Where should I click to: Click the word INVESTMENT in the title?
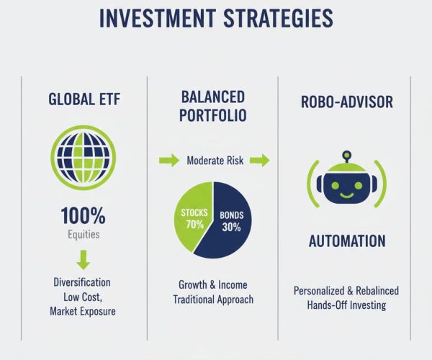click(x=155, y=19)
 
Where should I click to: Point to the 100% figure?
click(x=83, y=215)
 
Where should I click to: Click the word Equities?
click(x=82, y=234)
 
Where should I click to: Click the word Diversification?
click(x=82, y=282)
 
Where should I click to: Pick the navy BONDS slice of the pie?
click(x=234, y=223)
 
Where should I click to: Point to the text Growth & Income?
click(x=212, y=284)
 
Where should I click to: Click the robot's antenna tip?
click(x=346, y=153)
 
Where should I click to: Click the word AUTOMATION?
click(x=346, y=241)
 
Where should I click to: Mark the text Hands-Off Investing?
click(x=346, y=305)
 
